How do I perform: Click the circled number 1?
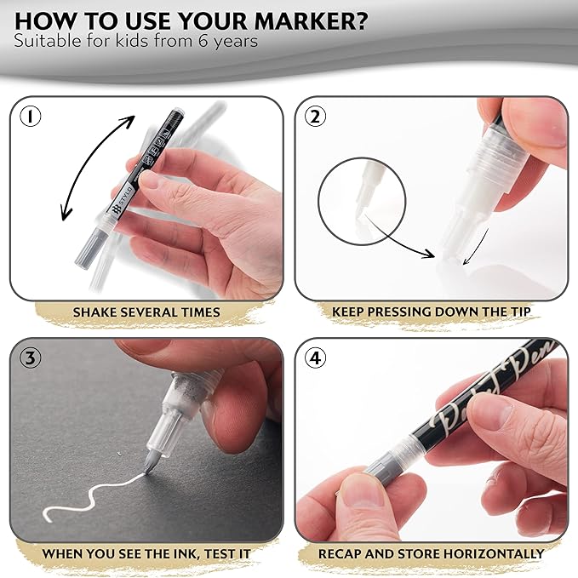(x=30, y=117)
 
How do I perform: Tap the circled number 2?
(x=315, y=117)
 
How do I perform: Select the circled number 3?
(x=30, y=358)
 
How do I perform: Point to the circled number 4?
(x=316, y=358)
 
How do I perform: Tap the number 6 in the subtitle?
(x=203, y=41)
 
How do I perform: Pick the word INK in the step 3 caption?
(x=186, y=553)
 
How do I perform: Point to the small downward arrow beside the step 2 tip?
(x=476, y=247)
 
